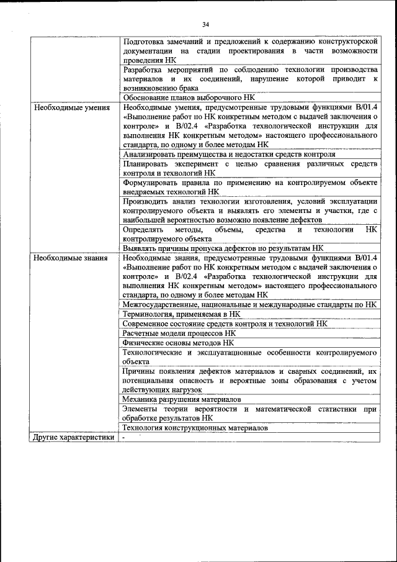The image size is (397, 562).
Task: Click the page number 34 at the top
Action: [205, 24]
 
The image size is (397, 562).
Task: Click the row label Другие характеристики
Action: [74, 438]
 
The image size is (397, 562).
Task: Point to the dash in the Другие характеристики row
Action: [124, 438]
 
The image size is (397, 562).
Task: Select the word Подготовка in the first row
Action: [144, 41]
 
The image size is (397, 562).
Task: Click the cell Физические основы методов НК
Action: [178, 342]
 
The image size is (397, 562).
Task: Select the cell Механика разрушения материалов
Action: [181, 399]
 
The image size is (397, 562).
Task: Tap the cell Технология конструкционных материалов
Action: [195, 428]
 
